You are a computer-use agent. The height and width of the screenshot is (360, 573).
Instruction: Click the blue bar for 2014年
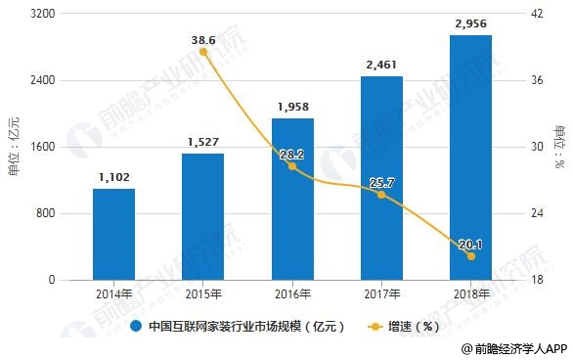(x=113, y=234)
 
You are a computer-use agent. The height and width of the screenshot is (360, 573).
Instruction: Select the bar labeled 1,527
(x=202, y=217)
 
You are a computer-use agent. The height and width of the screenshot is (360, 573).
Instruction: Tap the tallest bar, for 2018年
(x=470, y=157)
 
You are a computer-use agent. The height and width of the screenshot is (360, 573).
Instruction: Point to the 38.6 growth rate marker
(x=203, y=52)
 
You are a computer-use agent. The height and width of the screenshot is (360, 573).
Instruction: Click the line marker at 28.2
(x=292, y=166)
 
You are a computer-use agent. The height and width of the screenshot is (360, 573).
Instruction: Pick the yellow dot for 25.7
(x=381, y=195)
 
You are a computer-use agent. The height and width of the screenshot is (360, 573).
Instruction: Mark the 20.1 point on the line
(x=471, y=256)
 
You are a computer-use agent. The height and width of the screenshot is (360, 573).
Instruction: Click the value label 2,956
(x=470, y=23)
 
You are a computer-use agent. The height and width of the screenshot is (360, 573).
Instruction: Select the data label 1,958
(x=293, y=107)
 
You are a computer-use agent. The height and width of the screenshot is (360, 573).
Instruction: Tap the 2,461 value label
(x=381, y=66)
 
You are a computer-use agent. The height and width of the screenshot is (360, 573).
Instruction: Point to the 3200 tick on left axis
(x=42, y=14)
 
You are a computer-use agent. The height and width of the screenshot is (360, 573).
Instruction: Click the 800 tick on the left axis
(x=45, y=213)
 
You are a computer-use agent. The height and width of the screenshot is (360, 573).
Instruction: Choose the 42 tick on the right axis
(x=537, y=14)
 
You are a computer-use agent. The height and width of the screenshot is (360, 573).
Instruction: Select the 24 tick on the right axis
(x=537, y=213)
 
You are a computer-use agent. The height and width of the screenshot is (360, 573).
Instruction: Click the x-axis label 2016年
(x=292, y=293)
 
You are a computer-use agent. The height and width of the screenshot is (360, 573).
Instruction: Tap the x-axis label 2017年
(x=382, y=293)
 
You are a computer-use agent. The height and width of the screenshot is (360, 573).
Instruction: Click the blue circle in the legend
(x=136, y=326)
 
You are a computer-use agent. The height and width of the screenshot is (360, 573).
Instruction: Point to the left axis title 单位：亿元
(x=15, y=146)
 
